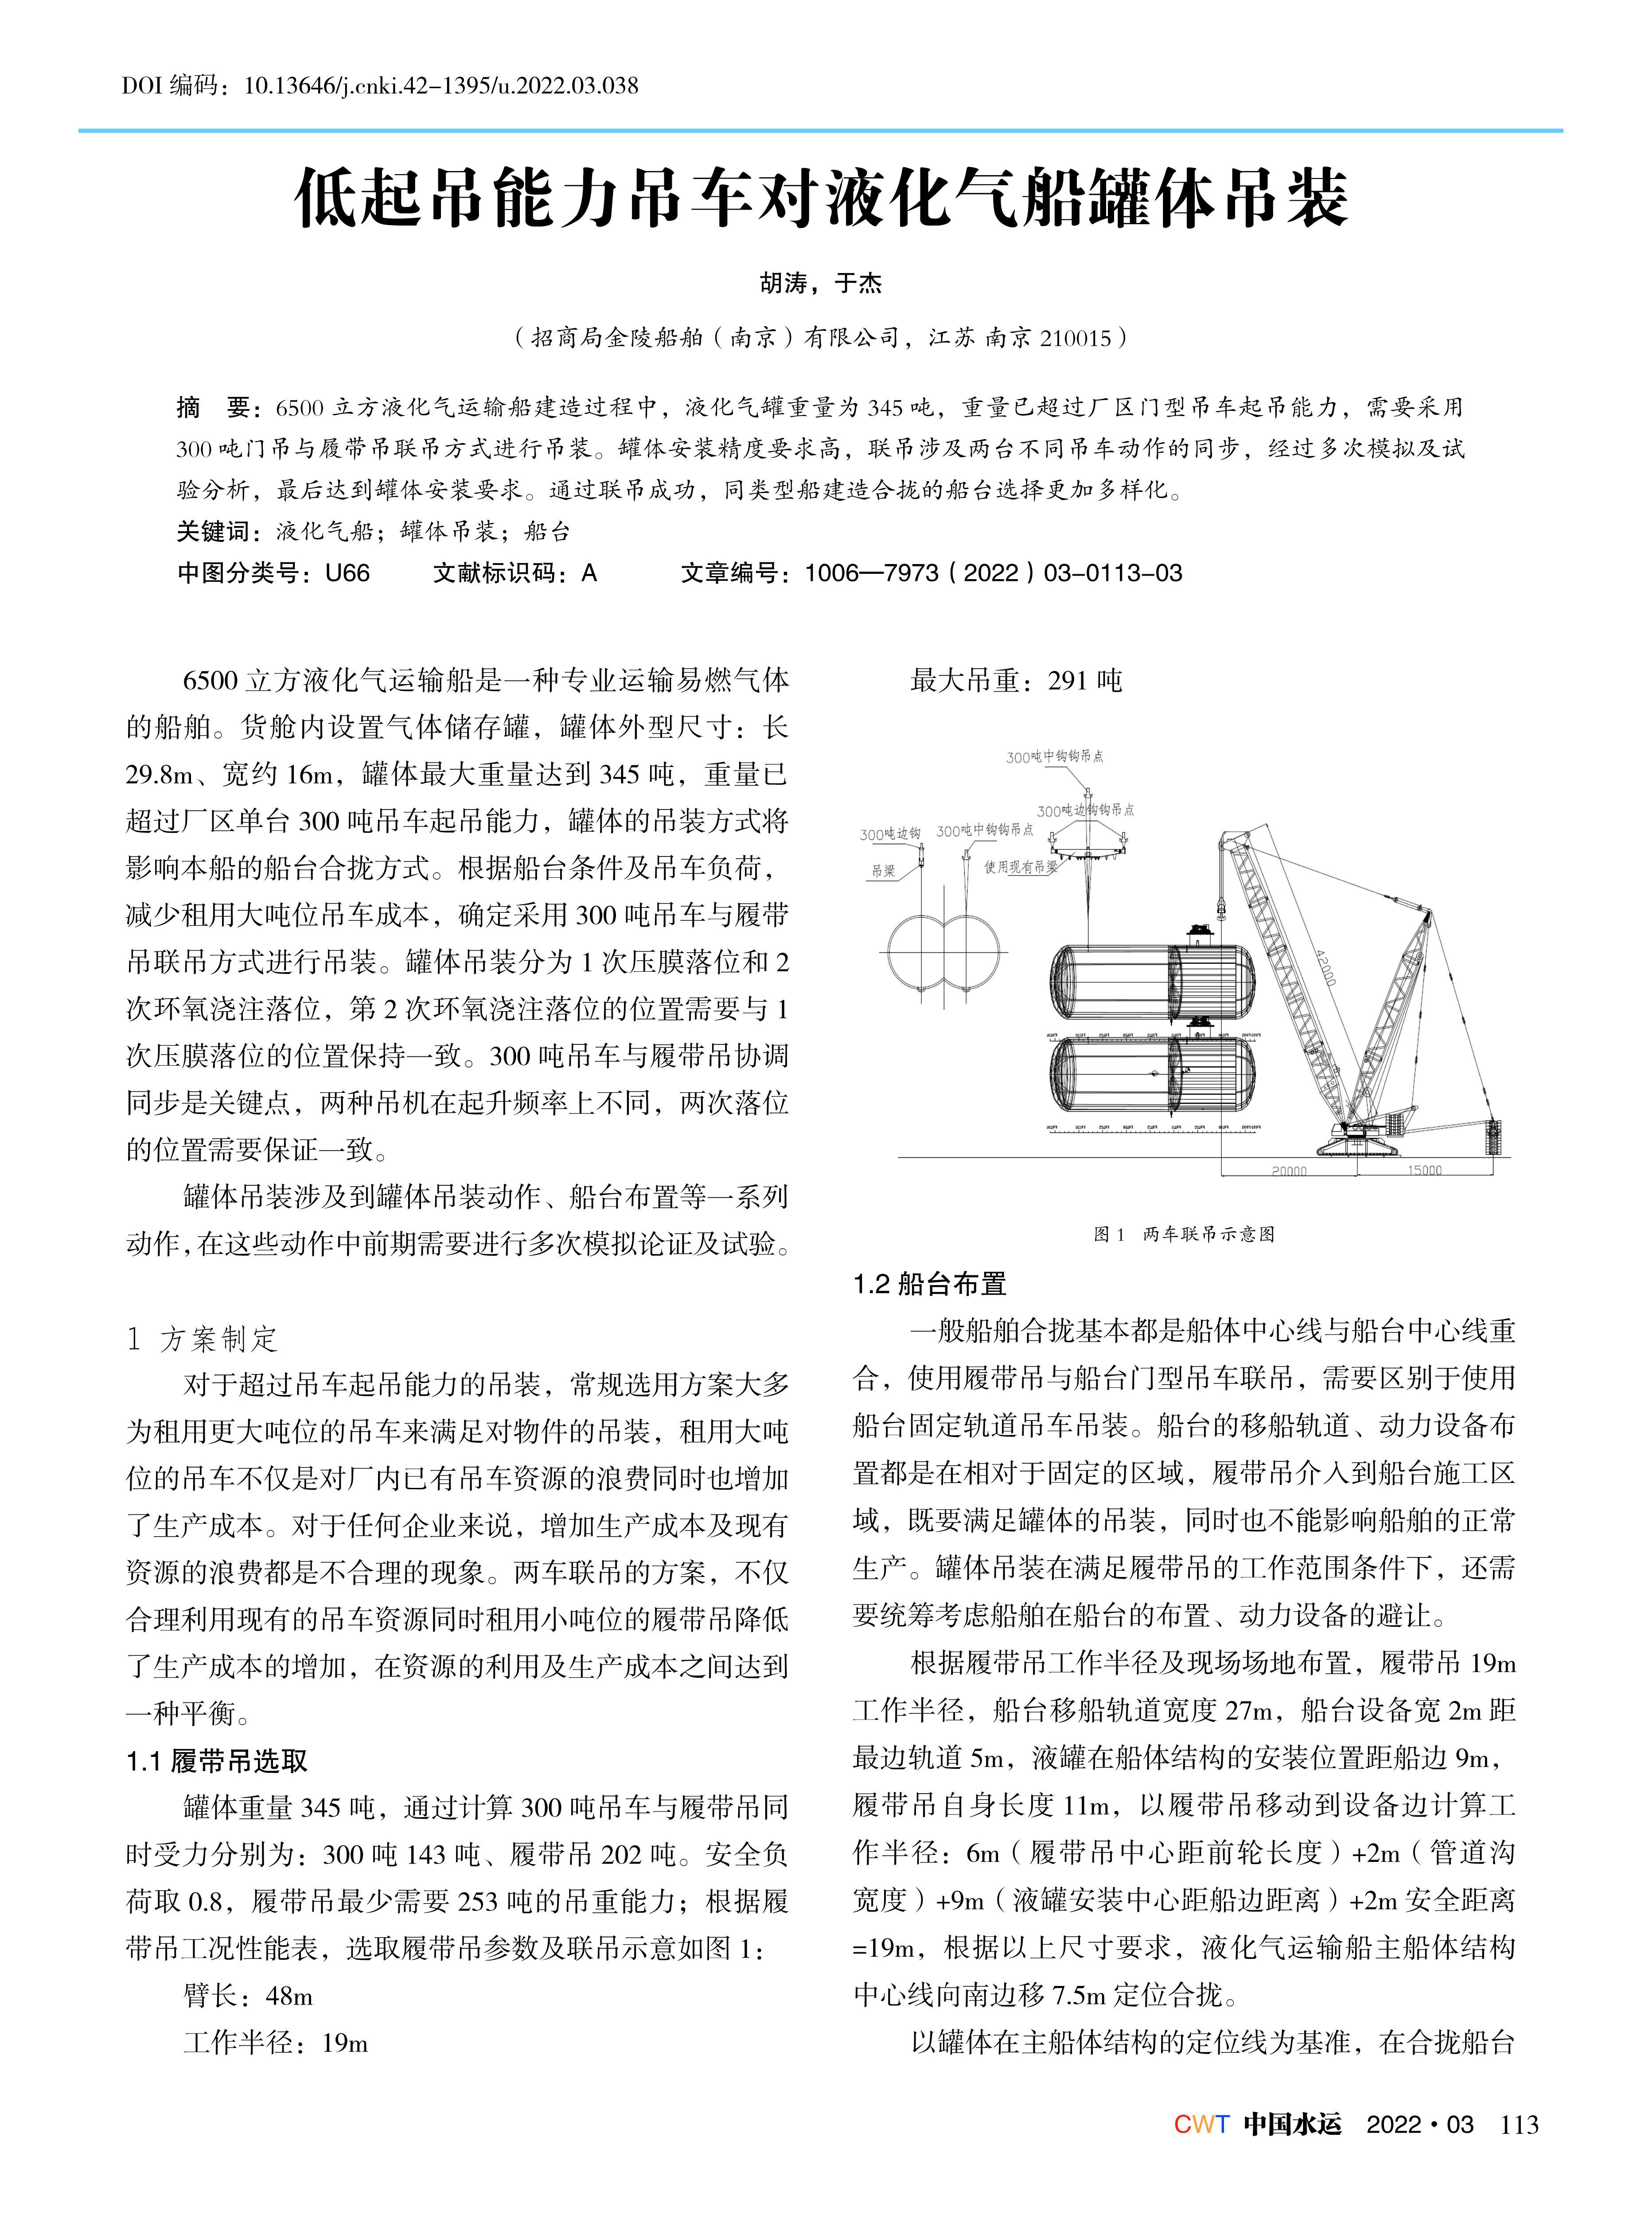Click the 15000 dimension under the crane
tap(1424, 1170)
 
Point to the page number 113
tap(1519, 2125)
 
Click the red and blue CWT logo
tap(1201, 2125)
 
